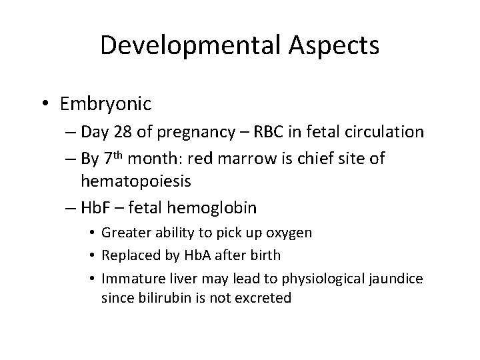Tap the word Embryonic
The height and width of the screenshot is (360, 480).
point(105,105)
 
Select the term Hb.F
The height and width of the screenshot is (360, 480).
point(98,208)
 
